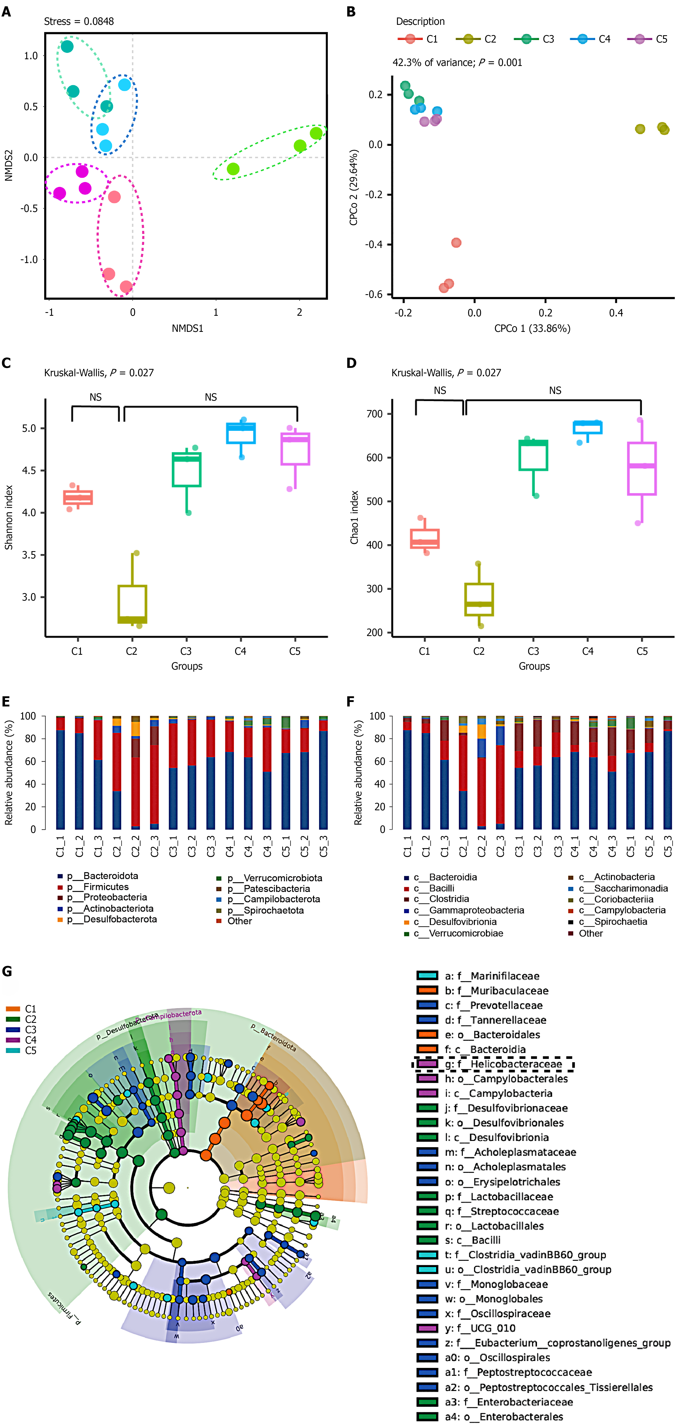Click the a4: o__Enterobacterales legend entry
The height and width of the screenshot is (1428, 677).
pos(504,1416)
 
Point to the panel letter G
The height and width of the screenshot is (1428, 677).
pos(7,971)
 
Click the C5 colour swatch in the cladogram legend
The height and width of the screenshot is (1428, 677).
pos(13,1051)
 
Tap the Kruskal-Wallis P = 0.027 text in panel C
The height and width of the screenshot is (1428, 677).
pos(99,373)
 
